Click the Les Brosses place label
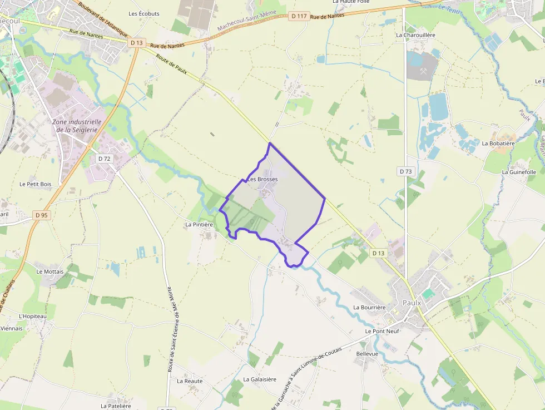click(262, 179)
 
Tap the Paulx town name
click(412, 303)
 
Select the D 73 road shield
click(406, 171)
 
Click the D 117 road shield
click(299, 16)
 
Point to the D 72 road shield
click(104, 159)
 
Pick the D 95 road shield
click(41, 215)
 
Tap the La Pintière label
click(199, 225)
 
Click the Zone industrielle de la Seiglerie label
click(77, 126)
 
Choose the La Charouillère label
click(415, 34)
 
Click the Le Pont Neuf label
click(382, 331)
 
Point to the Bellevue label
click(367, 353)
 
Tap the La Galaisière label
click(260, 379)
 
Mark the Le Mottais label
click(50, 271)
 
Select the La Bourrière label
click(369, 307)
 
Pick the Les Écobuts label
click(144, 14)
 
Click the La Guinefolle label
click(519, 172)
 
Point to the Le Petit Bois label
click(35, 184)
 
